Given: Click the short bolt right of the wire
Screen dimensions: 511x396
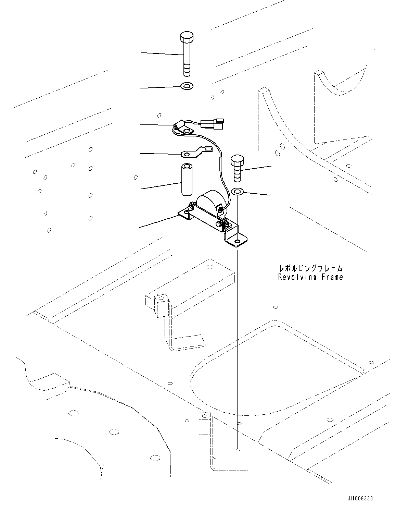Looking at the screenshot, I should (x=237, y=168).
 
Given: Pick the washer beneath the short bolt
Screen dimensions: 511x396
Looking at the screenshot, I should (x=237, y=191).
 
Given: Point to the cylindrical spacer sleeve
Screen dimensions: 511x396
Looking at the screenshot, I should (x=187, y=180).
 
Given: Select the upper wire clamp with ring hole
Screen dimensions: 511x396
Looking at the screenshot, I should (x=182, y=129).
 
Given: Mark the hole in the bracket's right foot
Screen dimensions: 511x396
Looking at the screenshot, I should (x=237, y=242).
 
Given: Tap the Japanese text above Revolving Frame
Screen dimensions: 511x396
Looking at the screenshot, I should (x=310, y=268).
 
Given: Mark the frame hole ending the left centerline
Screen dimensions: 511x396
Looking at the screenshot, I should (x=187, y=421).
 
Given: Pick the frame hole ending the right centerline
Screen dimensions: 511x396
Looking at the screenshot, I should (x=237, y=450).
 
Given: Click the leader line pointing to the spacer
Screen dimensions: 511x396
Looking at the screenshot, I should (x=161, y=186).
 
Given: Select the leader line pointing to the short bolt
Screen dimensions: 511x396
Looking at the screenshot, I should (x=257, y=168).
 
